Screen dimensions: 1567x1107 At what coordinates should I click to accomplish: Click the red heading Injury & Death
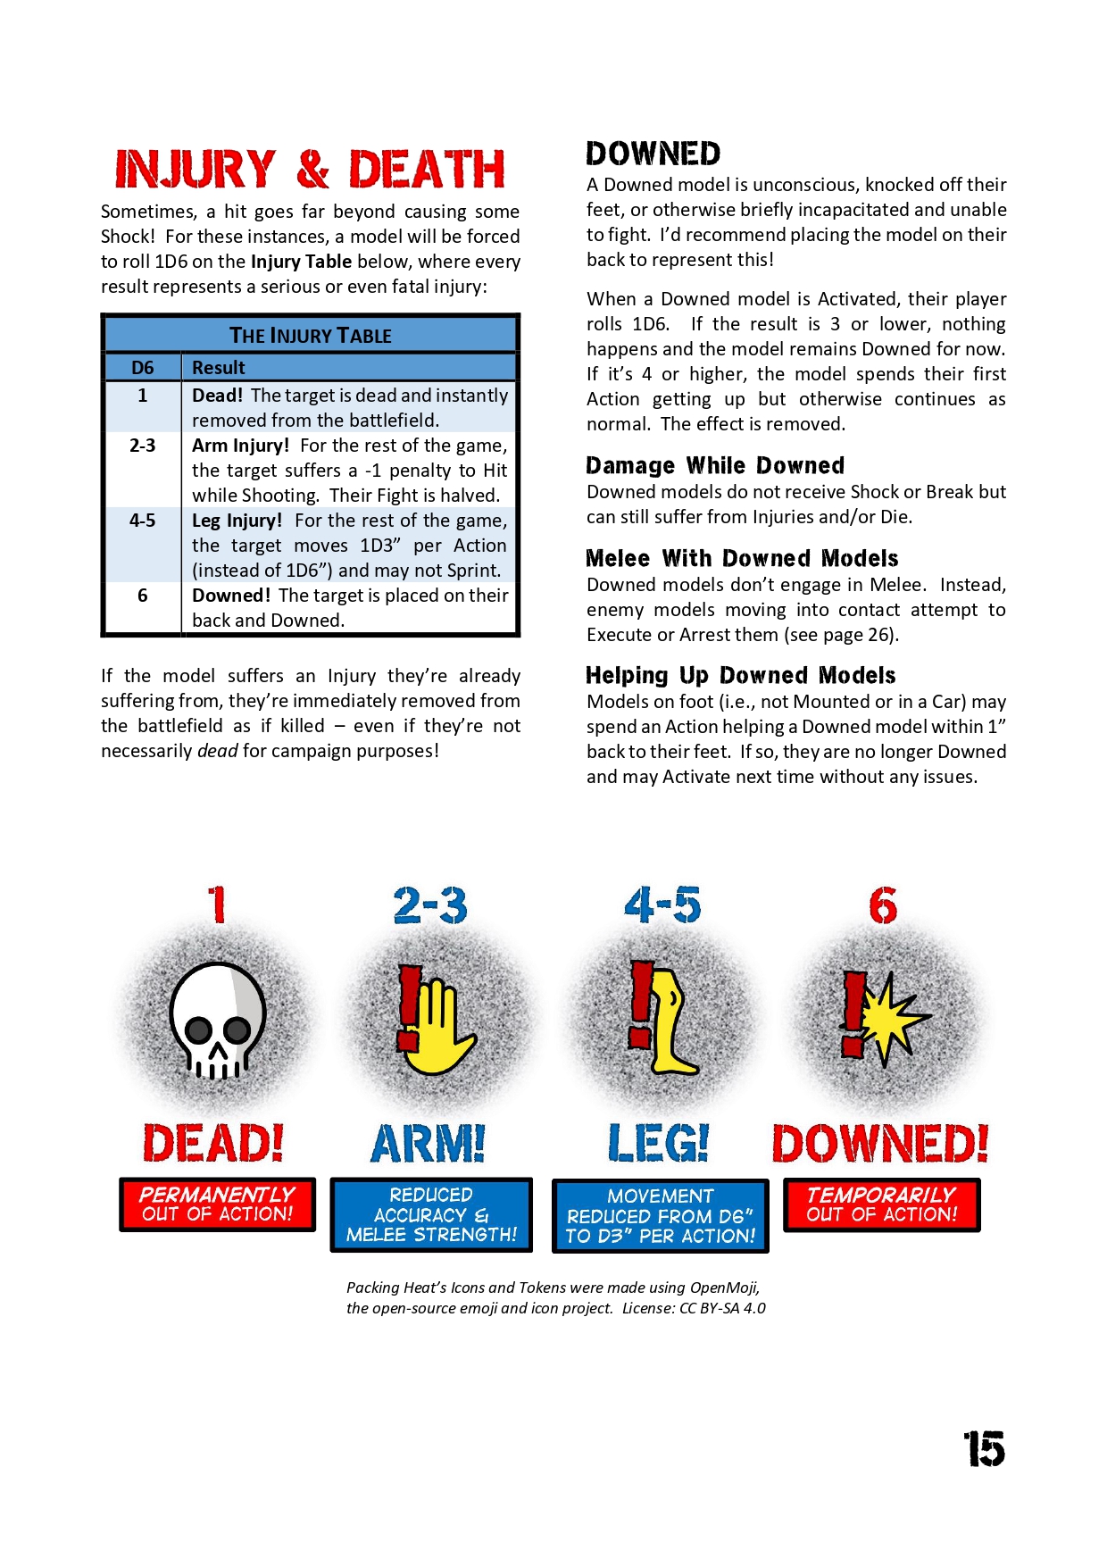[310, 170]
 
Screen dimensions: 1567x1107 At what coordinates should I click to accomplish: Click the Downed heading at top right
[653, 154]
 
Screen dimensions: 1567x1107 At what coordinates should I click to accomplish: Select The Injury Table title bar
[311, 336]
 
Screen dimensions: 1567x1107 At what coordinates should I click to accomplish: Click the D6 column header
[143, 368]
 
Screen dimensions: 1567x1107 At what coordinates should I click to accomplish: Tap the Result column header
[219, 368]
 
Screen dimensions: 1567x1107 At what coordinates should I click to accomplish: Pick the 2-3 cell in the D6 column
[143, 446]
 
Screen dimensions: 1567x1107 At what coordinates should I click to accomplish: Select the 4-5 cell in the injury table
[143, 521]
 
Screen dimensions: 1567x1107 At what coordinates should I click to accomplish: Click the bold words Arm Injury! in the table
[240, 446]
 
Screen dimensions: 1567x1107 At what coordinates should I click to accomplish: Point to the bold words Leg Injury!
[237, 521]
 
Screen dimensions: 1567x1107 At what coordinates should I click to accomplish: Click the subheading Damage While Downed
[715, 465]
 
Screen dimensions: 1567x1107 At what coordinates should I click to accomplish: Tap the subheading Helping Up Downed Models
[740, 675]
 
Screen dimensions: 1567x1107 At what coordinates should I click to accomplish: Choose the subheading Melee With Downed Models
[742, 558]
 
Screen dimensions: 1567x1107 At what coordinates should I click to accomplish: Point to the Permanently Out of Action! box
[218, 1204]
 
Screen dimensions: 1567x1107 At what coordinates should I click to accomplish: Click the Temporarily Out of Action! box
[881, 1204]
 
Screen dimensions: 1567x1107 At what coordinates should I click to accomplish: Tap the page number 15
[984, 1448]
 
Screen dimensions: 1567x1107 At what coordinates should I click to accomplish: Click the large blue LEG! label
[659, 1143]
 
